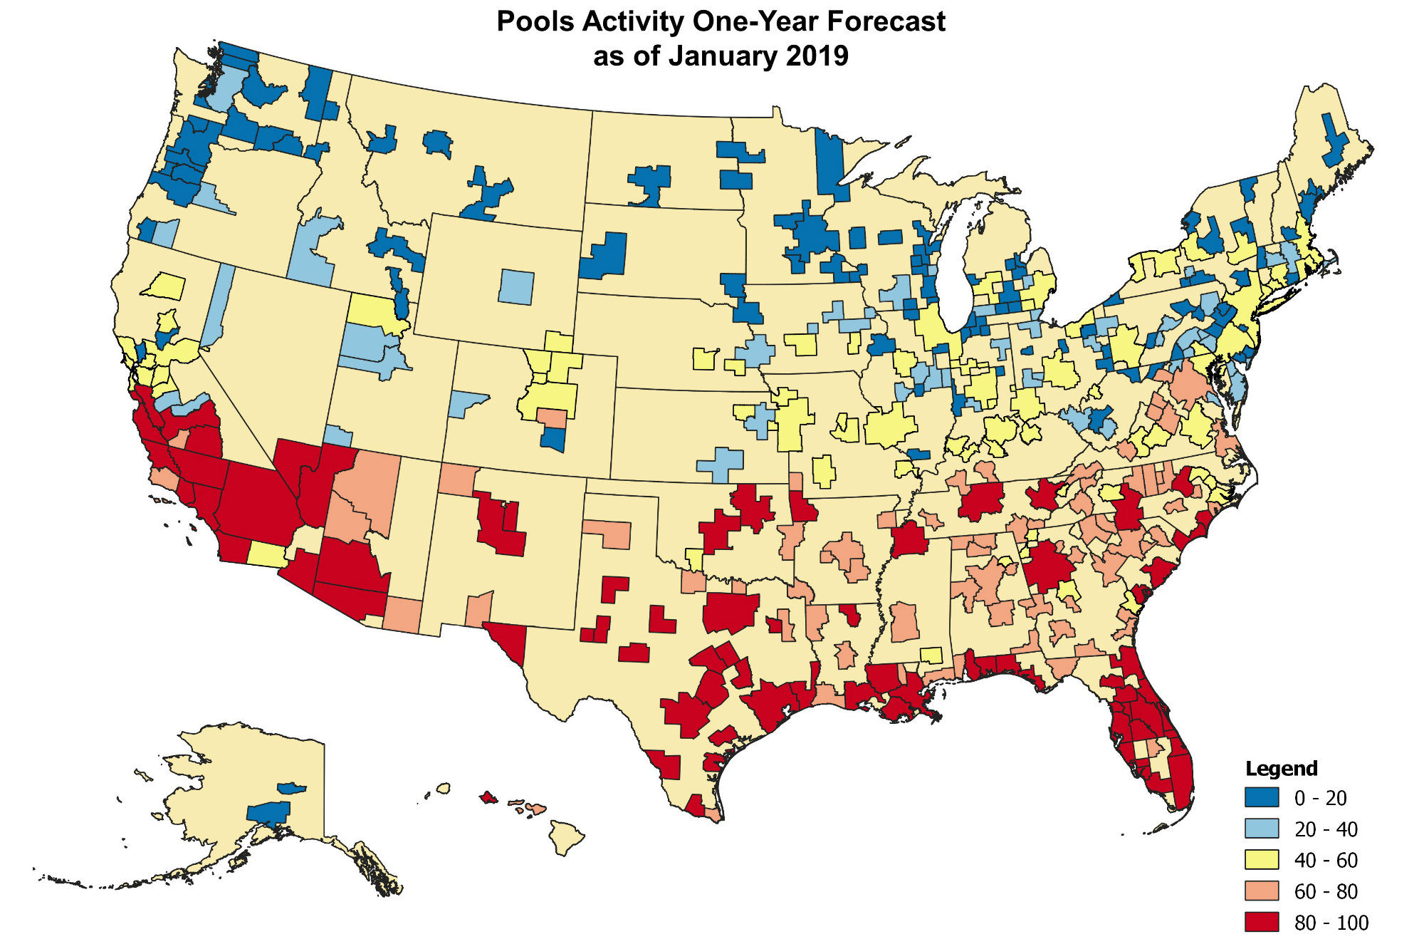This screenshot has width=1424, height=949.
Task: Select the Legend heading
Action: pyautogui.click(x=1281, y=769)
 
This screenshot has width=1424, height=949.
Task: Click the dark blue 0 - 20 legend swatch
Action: pyautogui.click(x=1262, y=797)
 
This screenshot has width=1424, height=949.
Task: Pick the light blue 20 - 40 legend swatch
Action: pyautogui.click(x=1262, y=829)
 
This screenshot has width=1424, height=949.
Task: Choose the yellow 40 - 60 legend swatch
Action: pyautogui.click(x=1262, y=860)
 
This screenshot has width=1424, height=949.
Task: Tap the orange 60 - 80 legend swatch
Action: pyautogui.click(x=1262, y=891)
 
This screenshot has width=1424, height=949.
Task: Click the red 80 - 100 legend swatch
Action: pyautogui.click(x=1262, y=922)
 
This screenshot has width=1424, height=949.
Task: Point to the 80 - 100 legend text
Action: pyautogui.click(x=1331, y=923)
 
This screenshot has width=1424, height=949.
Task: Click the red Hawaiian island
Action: pyautogui.click(x=488, y=797)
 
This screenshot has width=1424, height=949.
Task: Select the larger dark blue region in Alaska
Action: pyautogui.click(x=269, y=812)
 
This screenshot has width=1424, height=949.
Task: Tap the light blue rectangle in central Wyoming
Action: pyautogui.click(x=515, y=286)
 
